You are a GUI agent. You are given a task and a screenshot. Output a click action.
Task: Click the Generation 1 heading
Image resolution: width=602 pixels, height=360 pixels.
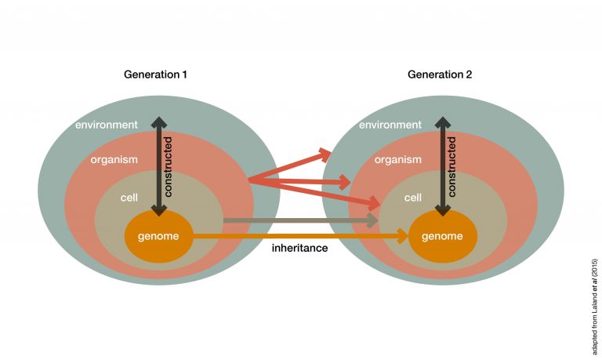click(155, 75)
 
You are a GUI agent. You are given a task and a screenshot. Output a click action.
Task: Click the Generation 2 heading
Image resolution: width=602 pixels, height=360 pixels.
click(440, 75)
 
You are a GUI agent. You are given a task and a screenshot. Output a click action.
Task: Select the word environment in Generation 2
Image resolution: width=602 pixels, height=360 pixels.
click(390, 125)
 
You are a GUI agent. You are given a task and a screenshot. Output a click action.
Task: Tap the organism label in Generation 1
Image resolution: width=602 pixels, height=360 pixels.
click(114, 159)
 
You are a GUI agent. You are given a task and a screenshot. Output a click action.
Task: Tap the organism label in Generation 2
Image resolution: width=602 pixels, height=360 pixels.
click(398, 159)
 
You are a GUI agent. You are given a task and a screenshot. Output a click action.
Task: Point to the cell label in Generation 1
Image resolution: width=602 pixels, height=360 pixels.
click(129, 198)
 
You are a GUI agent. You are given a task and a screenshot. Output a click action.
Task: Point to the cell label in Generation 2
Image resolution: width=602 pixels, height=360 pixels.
click(413, 198)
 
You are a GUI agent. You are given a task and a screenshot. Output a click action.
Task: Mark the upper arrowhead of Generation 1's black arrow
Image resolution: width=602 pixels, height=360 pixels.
click(158, 124)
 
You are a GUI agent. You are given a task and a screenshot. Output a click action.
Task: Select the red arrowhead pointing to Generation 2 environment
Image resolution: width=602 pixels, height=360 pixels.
click(324, 153)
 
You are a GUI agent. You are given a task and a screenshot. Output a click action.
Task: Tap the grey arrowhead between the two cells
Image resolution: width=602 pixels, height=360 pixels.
click(373, 220)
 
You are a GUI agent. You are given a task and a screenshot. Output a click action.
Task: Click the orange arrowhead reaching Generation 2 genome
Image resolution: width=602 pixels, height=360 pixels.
click(402, 235)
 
